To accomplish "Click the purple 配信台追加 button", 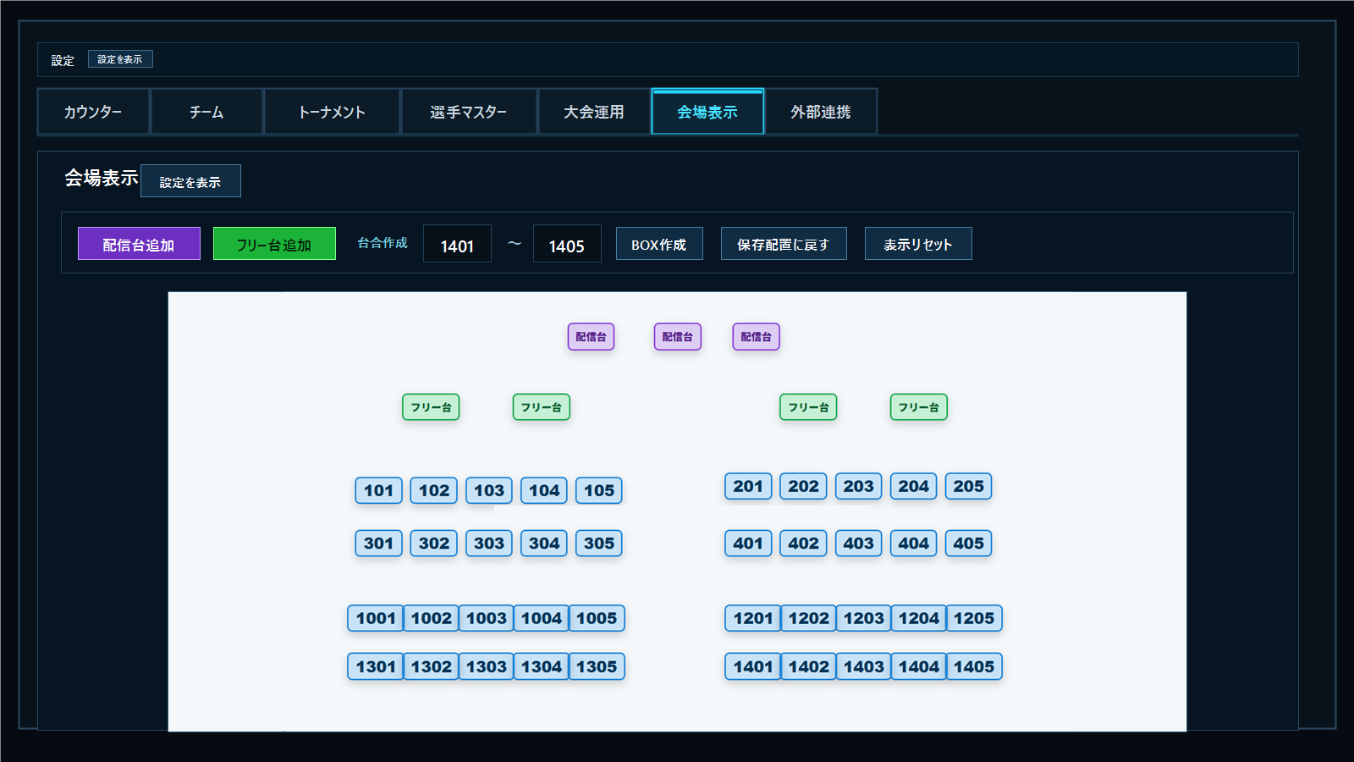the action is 139,244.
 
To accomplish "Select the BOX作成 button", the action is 659,244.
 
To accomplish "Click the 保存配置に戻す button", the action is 784,244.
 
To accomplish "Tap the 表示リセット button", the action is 918,244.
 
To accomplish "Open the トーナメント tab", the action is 332,111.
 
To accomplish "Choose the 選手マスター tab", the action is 469,111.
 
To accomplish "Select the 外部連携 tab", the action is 821,111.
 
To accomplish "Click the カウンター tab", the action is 93,111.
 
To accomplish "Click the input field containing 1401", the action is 457,244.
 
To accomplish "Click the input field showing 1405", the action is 567,244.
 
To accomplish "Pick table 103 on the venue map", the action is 489,490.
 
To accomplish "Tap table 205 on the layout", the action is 968,486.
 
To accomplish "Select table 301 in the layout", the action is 378,543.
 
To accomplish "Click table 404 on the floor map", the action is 913,543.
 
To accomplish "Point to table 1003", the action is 486,618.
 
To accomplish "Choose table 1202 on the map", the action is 809,618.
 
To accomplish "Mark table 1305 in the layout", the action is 597,666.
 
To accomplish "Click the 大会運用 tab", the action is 593,111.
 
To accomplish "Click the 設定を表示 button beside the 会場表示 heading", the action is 190,181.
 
